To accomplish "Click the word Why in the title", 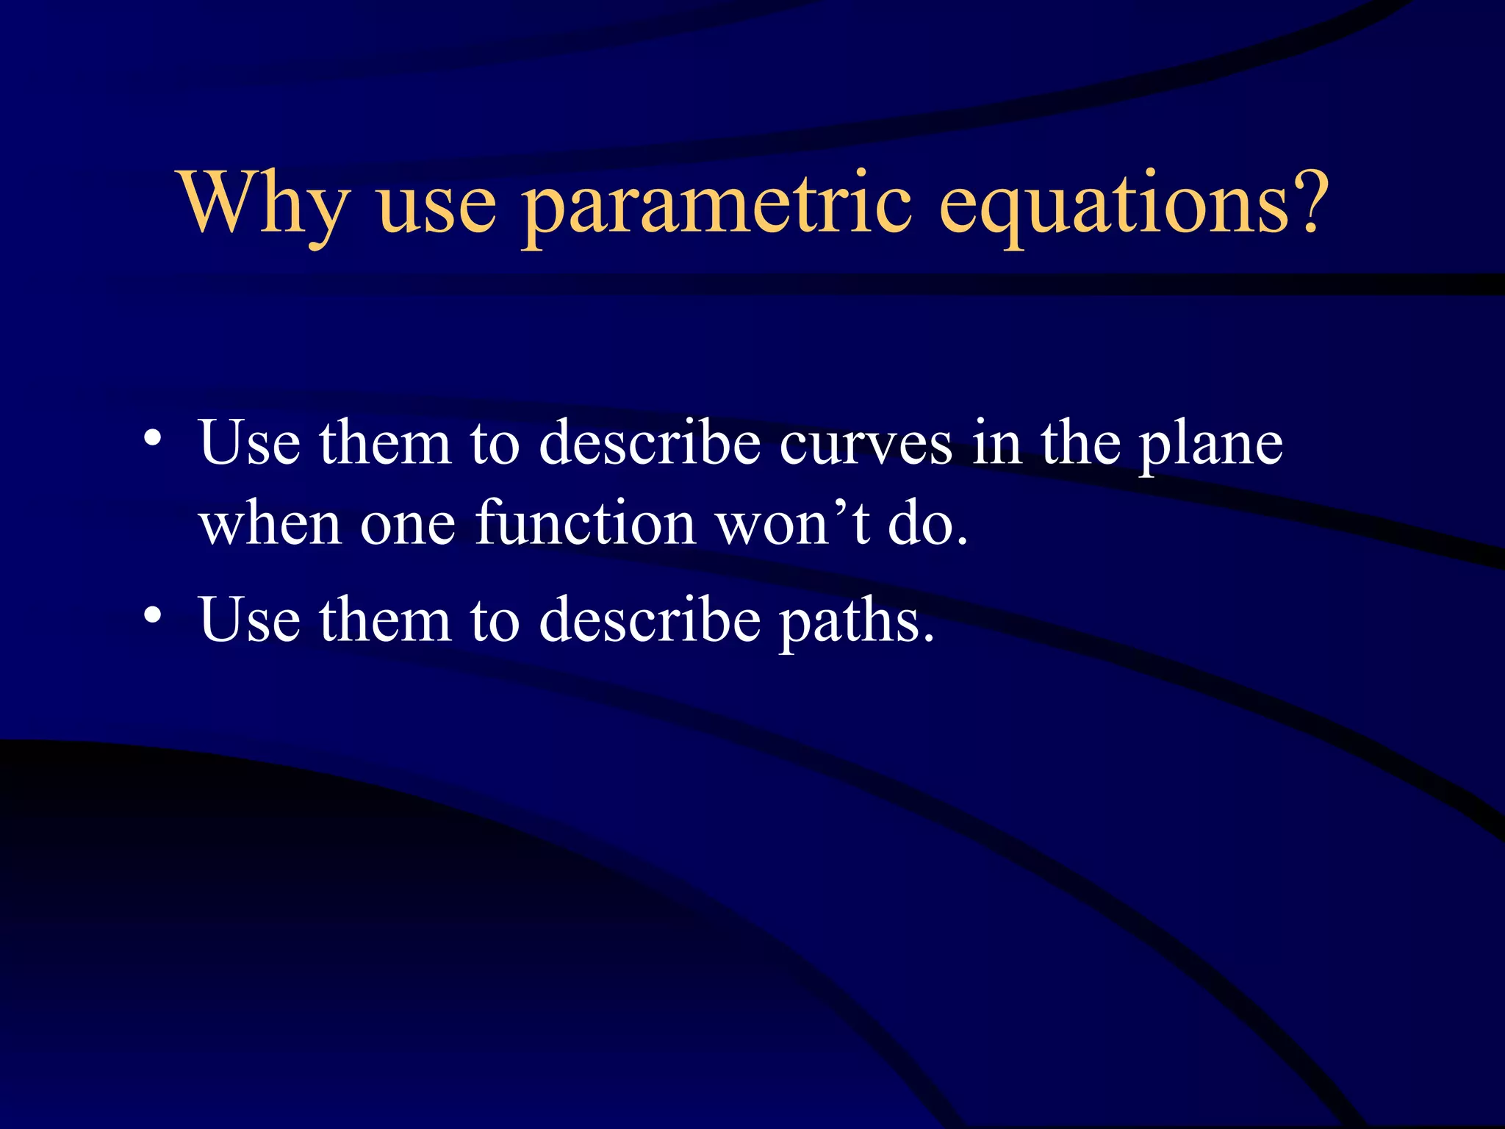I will coord(265,204).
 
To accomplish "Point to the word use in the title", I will coord(437,209).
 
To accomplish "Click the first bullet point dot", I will coord(152,439).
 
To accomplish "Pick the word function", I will coord(586,523).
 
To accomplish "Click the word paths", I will coord(856,622).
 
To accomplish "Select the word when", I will coord(270,523).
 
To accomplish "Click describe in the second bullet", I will coord(650,620).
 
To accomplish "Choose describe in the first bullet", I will coord(650,444).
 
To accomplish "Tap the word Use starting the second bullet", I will coord(249,620).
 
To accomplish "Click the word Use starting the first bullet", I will coord(249,444).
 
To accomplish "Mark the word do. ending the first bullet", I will coord(927,523).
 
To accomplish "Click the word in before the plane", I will coord(996,444).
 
